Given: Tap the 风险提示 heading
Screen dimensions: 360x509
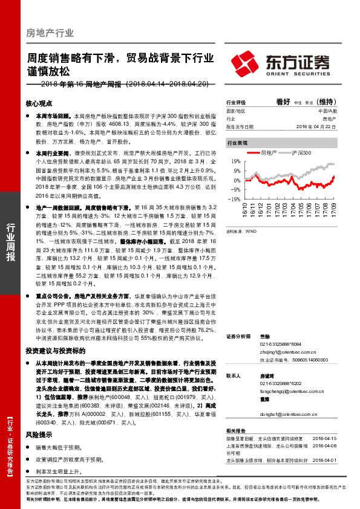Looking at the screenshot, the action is tap(40, 435).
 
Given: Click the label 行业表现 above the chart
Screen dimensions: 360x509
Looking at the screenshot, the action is tap(237, 143).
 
